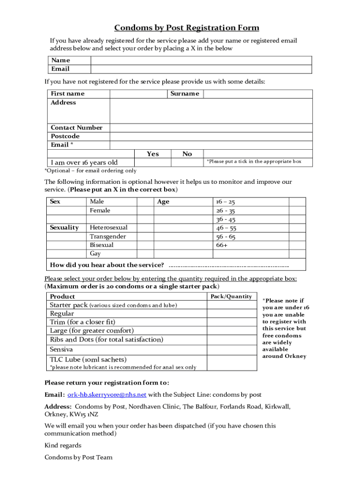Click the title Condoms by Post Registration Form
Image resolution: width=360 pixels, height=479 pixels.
(187, 28)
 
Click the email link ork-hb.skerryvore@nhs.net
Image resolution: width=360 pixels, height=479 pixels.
(107, 394)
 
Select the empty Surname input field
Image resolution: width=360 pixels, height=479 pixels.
(258, 94)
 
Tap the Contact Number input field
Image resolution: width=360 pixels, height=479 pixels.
(211, 128)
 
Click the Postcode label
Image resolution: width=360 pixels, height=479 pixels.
(65, 136)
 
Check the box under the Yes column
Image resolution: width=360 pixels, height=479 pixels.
(152, 162)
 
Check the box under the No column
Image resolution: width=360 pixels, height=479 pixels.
(187, 162)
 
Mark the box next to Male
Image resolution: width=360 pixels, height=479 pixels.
(145, 202)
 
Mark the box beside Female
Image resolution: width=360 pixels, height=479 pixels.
(145, 210)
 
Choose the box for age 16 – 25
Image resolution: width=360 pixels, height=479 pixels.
(297, 202)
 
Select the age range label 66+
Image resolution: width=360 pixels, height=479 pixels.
(222, 245)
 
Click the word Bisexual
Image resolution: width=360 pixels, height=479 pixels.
(101, 245)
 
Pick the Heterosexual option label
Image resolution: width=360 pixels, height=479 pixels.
(108, 227)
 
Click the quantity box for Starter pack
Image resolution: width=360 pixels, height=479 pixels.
(232, 305)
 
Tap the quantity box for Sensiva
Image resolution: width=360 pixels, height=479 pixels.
(232, 349)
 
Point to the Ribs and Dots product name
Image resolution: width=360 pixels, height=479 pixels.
(107, 340)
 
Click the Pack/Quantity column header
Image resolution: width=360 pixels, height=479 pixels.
(231, 296)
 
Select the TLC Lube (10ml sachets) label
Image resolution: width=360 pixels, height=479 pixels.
(88, 359)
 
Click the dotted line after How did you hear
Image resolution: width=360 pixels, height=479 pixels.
(228, 266)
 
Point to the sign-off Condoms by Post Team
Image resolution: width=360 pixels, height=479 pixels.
(79, 457)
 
